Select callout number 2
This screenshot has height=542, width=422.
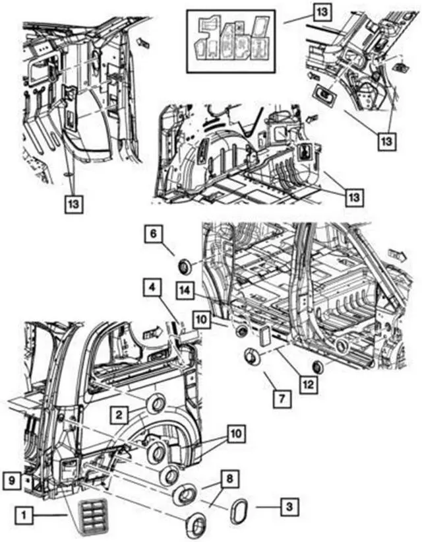[x=119, y=414]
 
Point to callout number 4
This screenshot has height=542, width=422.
[x=152, y=288]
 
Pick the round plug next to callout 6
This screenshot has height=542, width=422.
[x=185, y=267]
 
